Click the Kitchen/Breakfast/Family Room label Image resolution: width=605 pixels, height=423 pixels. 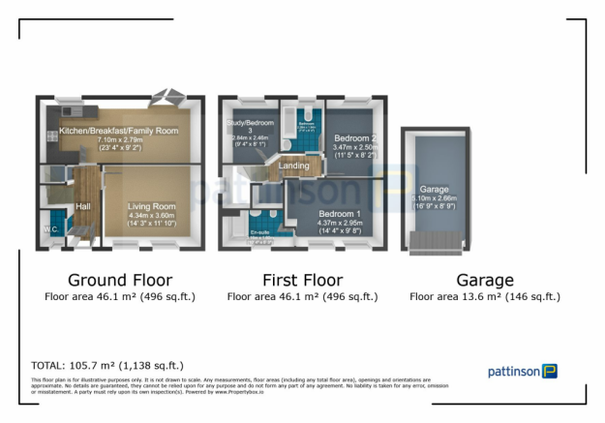pos(119,131)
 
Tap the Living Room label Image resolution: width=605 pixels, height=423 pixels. pos(152,206)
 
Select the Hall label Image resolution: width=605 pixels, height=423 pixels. pos(83,206)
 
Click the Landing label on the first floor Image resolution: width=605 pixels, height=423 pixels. pos(294,166)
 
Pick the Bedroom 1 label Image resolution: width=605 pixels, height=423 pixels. pos(339,213)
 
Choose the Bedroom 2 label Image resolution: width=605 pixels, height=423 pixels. pos(355,138)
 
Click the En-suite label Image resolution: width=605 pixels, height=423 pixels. pos(259,232)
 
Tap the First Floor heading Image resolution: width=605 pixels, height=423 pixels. pos(301,281)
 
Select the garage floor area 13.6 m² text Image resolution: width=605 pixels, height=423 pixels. pos(484,297)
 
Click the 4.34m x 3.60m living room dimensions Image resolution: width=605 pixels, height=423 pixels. pos(152,215)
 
